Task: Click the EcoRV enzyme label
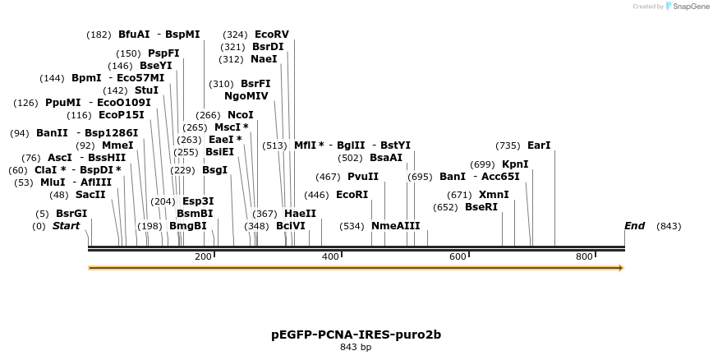tap(272, 35)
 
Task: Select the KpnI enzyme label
tap(515, 164)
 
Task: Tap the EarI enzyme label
tap(539, 145)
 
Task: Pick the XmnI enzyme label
tap(494, 195)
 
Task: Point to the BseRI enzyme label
tap(481, 207)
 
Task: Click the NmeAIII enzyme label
tap(395, 225)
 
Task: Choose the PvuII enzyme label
tap(363, 177)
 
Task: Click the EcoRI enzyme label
tap(352, 195)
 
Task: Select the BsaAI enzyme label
tap(386, 158)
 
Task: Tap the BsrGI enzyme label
tap(71, 214)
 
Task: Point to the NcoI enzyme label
tap(241, 115)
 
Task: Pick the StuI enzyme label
tap(146, 90)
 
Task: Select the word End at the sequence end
tap(635, 225)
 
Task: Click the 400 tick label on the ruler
tap(330, 257)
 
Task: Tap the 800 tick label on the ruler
tap(584, 257)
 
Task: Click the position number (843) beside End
tap(669, 226)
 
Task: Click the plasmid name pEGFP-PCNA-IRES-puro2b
tap(356, 335)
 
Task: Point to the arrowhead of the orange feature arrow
tap(621, 268)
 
